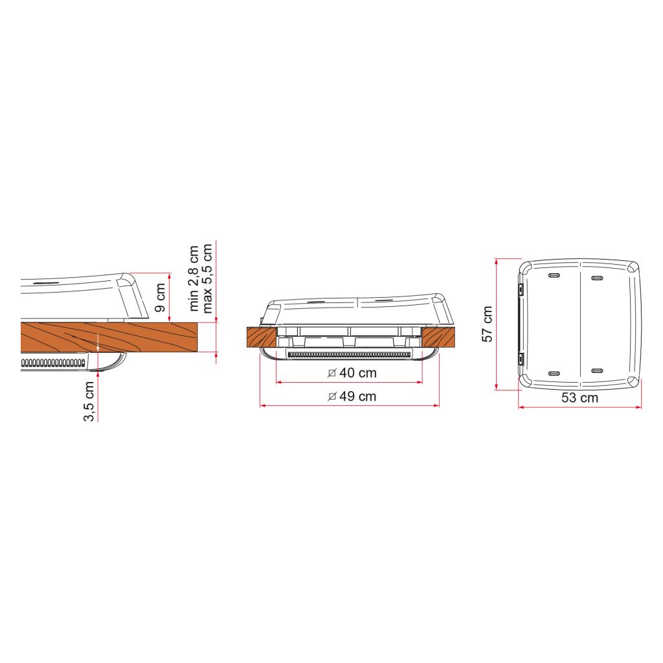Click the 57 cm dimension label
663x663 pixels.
click(x=488, y=324)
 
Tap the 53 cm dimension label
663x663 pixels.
click(x=579, y=398)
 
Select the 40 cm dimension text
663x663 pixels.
click(x=357, y=373)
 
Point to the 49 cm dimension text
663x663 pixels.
click(x=357, y=397)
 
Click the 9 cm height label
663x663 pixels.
click(x=160, y=298)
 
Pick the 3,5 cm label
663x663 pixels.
click(x=89, y=401)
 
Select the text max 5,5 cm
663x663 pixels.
click(x=207, y=278)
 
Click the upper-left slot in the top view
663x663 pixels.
click(x=554, y=276)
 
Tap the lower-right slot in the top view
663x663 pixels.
click(x=597, y=371)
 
